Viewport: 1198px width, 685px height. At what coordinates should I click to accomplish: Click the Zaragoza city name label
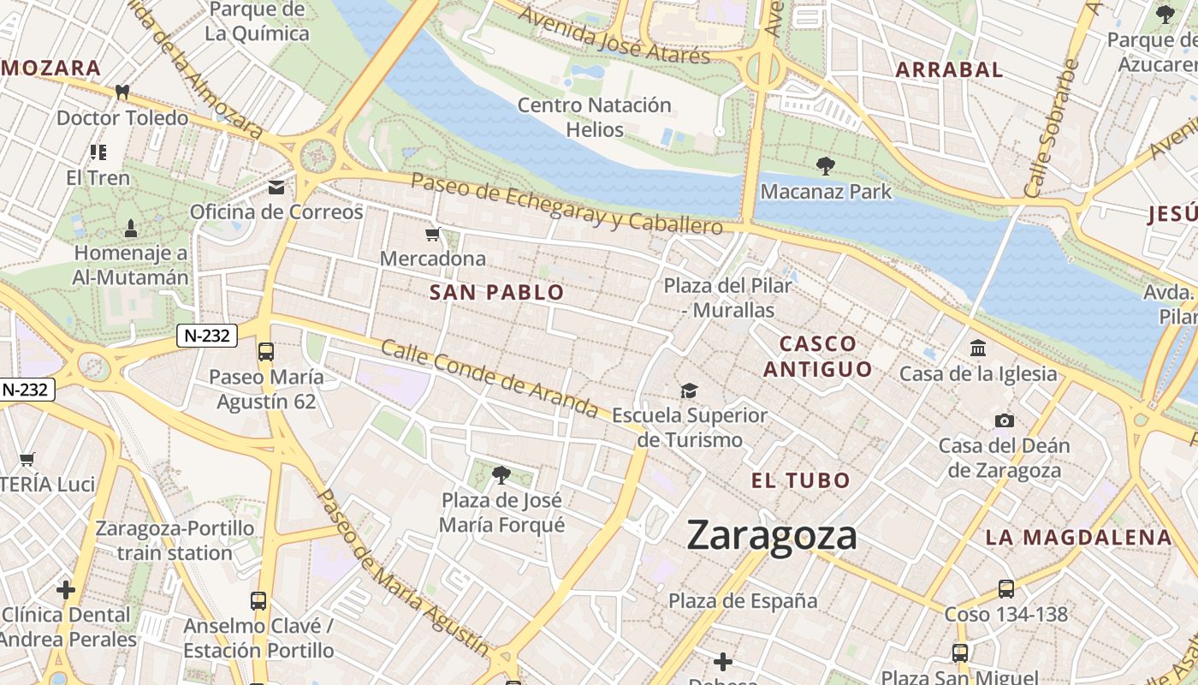click(772, 536)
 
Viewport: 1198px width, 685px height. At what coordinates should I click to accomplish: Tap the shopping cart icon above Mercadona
click(433, 234)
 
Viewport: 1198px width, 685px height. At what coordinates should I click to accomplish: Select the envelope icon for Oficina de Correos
click(276, 187)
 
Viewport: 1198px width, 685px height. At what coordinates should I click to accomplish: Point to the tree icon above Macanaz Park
click(826, 165)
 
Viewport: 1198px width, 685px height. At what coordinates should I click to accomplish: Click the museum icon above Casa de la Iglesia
click(978, 348)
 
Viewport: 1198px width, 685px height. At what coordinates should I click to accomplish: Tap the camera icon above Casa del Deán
click(1005, 420)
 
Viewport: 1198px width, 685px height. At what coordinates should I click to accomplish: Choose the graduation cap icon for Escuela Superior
click(689, 391)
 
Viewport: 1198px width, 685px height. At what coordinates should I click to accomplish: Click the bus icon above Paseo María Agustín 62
click(266, 351)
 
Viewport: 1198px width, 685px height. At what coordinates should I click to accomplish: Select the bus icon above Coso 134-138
click(1006, 589)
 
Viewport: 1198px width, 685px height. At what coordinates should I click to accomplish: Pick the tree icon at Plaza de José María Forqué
click(501, 474)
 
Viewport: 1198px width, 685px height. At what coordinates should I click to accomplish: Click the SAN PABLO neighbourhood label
click(496, 293)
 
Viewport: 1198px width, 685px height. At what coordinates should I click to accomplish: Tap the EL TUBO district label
click(801, 480)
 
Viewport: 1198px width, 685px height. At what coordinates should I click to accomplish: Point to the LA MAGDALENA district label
click(1078, 538)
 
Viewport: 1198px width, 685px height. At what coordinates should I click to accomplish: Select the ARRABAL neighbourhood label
click(949, 70)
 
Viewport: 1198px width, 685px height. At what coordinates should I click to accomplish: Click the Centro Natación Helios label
click(595, 117)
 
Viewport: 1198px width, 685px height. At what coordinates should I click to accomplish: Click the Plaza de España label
click(743, 601)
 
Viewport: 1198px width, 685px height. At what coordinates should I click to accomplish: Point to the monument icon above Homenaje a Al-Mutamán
click(131, 228)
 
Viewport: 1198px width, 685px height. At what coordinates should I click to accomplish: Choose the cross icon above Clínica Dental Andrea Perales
click(66, 590)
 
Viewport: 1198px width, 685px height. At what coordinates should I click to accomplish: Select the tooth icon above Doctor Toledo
click(122, 92)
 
